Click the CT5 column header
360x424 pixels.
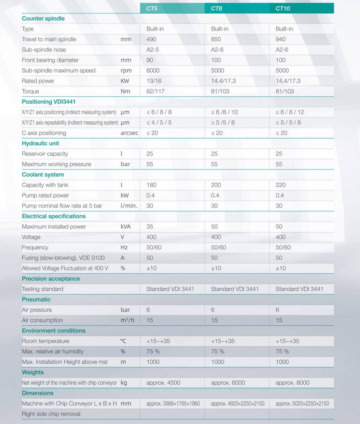click(x=152, y=8)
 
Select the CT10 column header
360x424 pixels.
click(x=283, y=8)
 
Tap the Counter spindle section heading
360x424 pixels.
click(x=43, y=19)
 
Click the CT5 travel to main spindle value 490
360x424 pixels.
click(x=151, y=39)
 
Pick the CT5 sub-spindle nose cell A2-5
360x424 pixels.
click(x=152, y=50)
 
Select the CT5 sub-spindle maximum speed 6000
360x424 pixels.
click(x=153, y=71)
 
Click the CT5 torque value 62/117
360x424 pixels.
click(x=155, y=91)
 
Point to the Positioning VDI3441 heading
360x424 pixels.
click(x=49, y=102)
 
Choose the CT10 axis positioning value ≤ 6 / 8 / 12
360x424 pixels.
click(x=290, y=112)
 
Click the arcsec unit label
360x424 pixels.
click(x=129, y=133)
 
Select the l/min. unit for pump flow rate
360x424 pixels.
click(x=129, y=206)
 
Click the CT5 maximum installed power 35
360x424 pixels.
click(x=150, y=227)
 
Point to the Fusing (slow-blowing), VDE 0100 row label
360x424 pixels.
click(x=63, y=258)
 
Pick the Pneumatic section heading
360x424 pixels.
click(x=36, y=300)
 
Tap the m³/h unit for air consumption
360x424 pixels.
click(x=127, y=320)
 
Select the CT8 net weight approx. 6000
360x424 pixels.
click(x=228, y=383)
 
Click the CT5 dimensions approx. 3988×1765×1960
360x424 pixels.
click(x=173, y=404)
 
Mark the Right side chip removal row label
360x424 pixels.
click(x=51, y=414)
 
